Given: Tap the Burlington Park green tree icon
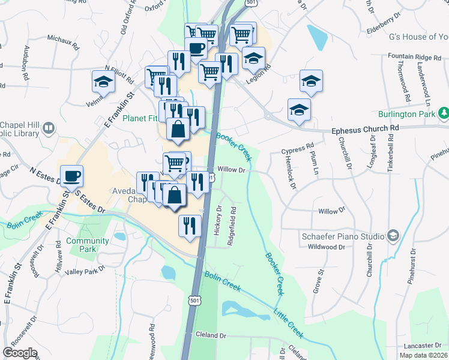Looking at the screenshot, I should tap(444, 113).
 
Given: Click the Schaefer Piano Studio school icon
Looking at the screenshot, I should tap(393, 235).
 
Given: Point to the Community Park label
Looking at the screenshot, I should tap(88, 245).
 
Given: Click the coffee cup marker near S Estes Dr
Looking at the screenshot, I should tap(71, 177).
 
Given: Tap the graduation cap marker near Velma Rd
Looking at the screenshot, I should tap(103, 82).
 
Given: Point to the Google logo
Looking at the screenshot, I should tap(20, 352).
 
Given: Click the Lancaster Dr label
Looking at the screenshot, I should tap(418, 346).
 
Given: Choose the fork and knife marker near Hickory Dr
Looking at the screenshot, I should tap(190, 227).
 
